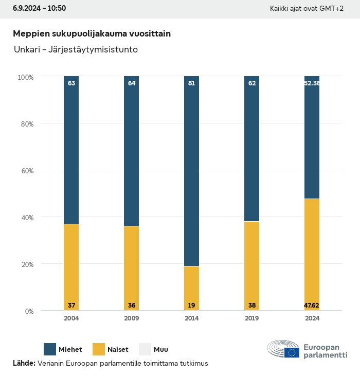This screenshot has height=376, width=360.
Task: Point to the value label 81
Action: (191, 83)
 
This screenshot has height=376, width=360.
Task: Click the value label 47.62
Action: (312, 306)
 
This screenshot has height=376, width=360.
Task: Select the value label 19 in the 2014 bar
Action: (191, 306)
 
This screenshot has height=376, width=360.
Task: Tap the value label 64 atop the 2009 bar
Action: (132, 83)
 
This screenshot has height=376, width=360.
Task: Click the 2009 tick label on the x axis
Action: (132, 318)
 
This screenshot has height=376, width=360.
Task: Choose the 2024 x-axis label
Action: (312, 318)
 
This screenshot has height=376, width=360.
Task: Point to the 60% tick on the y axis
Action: (26, 170)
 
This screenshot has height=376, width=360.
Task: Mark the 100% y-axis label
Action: (25, 77)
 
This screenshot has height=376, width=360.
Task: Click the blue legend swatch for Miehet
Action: (50, 349)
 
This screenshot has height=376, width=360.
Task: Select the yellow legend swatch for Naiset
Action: (99, 349)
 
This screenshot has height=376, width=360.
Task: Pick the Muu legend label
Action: (161, 350)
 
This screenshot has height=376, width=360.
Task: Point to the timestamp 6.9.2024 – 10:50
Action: (39, 8)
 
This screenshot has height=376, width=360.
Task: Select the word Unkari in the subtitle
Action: (26, 50)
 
